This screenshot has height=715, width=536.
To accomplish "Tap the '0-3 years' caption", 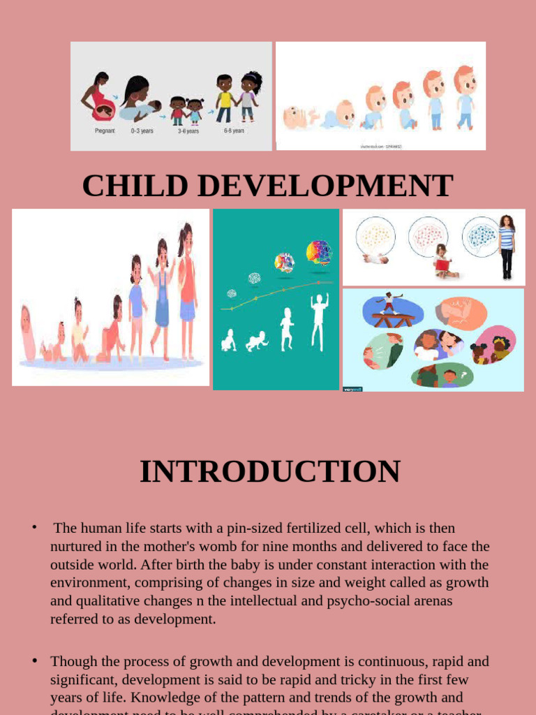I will pos(142,131).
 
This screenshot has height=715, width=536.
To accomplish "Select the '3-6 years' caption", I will pos(188,131).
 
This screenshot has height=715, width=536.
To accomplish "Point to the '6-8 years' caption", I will pos(234,131).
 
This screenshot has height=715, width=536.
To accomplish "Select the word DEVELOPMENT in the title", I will pos(324,186).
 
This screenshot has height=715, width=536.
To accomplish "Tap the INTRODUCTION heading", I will pos(270,471).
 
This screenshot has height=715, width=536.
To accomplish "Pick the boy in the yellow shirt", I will pos(224,98).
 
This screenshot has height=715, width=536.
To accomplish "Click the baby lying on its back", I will pos(298,117).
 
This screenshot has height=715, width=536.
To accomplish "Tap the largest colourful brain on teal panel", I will pos(318,252).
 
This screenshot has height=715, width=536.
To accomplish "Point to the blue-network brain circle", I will pos(481,236).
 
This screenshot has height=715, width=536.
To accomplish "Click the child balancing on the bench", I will pos(389,304).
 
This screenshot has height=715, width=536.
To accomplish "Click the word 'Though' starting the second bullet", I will pos(72,661).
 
